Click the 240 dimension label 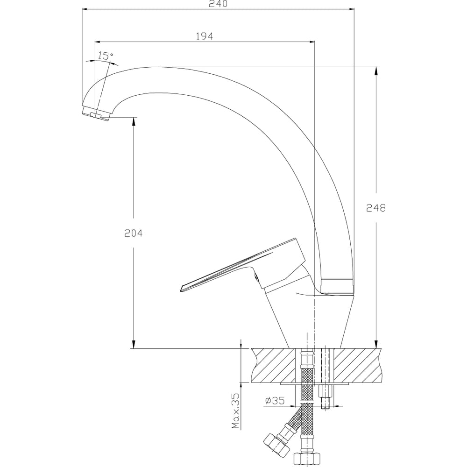[x=218, y=3]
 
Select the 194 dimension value [x=205, y=36]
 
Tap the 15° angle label [x=106, y=56]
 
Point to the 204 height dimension [x=134, y=233]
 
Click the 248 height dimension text [x=376, y=208]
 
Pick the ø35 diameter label [x=275, y=401]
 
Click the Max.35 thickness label [x=235, y=411]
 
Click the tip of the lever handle [x=181, y=289]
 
